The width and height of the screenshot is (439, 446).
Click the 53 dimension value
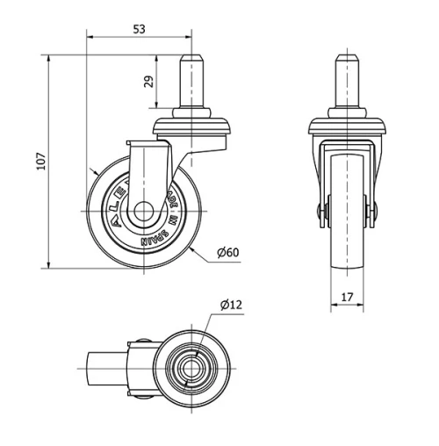139,29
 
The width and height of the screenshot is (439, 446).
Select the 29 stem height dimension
148,82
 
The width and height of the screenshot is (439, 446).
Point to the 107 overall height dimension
40,162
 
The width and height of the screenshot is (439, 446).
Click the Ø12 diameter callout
231,305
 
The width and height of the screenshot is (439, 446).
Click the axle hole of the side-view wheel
140,213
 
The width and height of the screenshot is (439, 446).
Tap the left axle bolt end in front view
320,212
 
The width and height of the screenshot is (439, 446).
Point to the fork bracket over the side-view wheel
148,162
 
